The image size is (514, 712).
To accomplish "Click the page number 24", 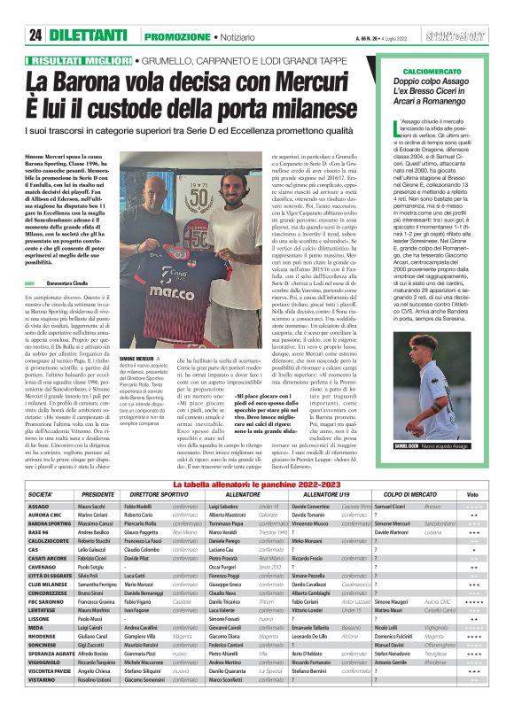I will coord(36,35).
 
